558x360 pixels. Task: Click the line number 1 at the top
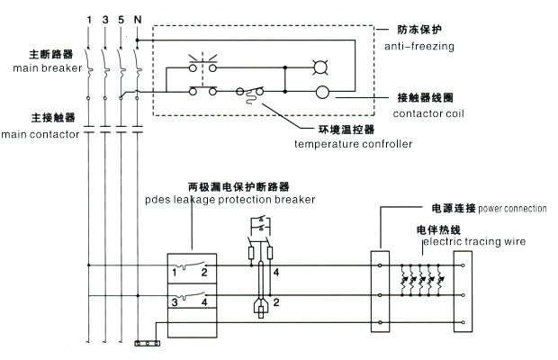[x=88, y=19]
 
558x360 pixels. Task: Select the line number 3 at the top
[x=104, y=19]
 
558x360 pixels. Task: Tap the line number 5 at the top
[x=120, y=19]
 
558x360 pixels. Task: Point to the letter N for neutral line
[x=136, y=19]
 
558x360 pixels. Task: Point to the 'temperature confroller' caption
[x=353, y=144]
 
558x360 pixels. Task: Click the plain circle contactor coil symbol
[x=322, y=92]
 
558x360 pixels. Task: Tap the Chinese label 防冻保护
[x=419, y=30]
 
